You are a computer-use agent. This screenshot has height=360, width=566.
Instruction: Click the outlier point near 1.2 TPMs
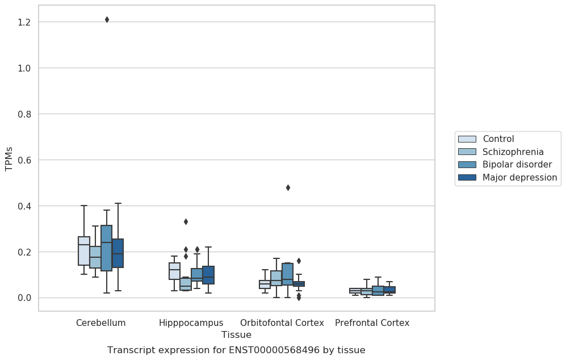[107, 19]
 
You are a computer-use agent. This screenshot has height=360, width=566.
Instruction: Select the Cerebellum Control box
[84, 251]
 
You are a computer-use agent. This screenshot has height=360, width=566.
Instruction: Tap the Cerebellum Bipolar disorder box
[107, 248]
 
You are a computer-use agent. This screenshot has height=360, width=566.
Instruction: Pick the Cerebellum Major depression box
[118, 253]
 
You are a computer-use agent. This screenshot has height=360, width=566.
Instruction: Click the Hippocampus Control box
[175, 271]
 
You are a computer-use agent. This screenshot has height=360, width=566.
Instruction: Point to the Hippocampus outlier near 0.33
[186, 221]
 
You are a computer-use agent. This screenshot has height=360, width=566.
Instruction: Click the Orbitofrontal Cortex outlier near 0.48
[288, 188]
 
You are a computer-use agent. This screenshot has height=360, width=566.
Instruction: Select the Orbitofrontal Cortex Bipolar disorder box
[287, 274]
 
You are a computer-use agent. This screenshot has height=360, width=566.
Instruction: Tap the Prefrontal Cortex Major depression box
[389, 290]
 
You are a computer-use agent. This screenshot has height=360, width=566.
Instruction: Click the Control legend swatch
[467, 139]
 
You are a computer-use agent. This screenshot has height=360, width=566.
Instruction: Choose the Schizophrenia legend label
[513, 152]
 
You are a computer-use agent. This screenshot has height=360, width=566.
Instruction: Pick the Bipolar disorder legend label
[517, 164]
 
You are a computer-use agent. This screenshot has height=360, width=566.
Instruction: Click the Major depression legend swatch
[467, 177]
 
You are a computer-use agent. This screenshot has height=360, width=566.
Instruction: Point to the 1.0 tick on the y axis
[24, 68]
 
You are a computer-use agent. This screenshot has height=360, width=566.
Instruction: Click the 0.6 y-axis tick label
[24, 160]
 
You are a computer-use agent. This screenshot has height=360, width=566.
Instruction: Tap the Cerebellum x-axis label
[100, 323]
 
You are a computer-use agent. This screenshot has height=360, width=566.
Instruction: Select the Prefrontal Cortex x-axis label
[372, 323]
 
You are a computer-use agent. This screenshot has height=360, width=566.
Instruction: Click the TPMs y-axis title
[9, 159]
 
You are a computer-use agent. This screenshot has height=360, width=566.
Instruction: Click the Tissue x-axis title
[236, 334]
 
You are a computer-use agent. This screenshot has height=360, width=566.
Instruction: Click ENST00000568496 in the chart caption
[274, 350]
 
